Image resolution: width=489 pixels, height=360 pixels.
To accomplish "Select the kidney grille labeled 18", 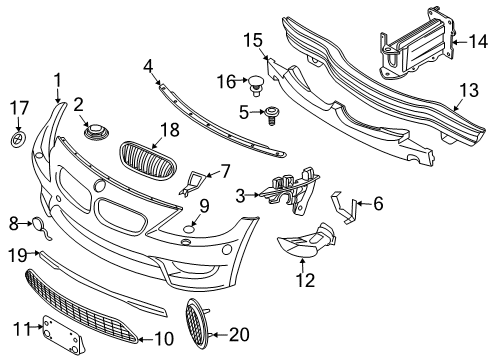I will [140, 158].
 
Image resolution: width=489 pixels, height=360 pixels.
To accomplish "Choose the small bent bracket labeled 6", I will [346, 209].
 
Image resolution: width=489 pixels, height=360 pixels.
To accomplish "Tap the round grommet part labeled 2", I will [97, 131].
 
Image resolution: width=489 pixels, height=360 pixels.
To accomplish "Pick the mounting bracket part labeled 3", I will [290, 192].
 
